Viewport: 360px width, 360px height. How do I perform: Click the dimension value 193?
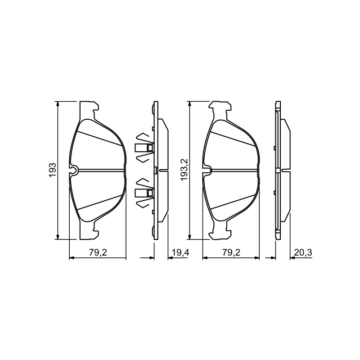pyautogui.click(x=53, y=170)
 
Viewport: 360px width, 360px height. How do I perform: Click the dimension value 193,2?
pyautogui.click(x=185, y=170)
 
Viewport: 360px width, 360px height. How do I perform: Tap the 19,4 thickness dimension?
pyautogui.click(x=180, y=253)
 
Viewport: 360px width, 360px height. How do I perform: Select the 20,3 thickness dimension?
pyautogui.click(x=303, y=253)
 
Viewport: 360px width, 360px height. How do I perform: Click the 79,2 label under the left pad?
pyautogui.click(x=98, y=253)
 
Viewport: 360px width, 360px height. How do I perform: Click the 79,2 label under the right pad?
pyautogui.click(x=231, y=253)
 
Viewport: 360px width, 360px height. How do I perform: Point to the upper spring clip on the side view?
pyautogui.click(x=144, y=148)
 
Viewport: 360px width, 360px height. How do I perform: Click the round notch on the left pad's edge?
pyautogui.click(x=74, y=170)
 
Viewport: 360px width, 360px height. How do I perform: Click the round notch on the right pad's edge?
pyautogui.click(x=207, y=170)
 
